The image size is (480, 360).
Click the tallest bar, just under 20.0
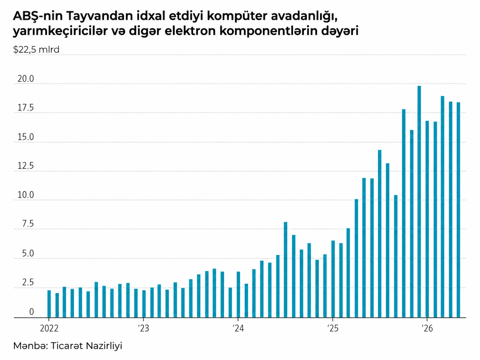pos(419,202)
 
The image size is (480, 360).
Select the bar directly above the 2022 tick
pos(49,304)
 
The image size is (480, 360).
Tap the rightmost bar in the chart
pos(458,210)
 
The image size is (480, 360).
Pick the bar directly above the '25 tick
pos(333,279)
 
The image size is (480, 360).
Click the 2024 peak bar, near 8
pos(285,270)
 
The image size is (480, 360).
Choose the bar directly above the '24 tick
pos(238,294)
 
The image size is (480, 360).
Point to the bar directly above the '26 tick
pos(427,219)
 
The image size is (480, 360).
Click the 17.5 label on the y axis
pos(26,108)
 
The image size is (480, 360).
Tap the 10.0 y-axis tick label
pos(26,195)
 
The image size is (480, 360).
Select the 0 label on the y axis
pos(31,312)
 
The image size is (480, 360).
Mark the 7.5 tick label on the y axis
pos(28,224)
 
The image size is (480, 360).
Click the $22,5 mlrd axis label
pos(36,50)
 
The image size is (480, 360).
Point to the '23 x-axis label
pos(144,328)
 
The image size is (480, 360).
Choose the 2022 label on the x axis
pos(49,328)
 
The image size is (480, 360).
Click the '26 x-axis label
pos(427,328)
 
